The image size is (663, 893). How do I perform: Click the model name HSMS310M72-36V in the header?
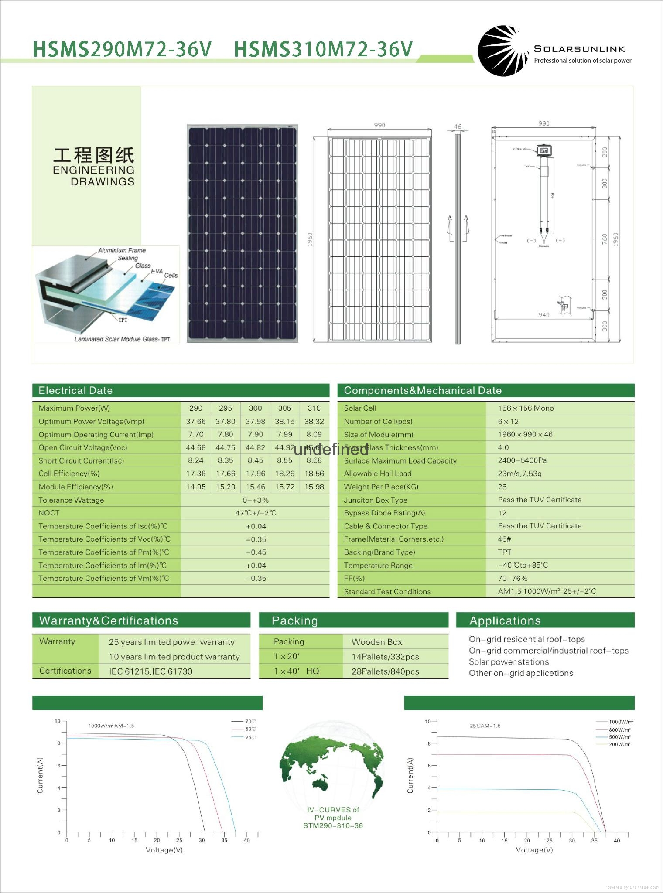[x=323, y=49]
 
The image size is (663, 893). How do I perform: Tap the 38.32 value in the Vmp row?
[x=314, y=421]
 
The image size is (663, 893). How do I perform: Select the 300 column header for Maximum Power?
[x=255, y=408]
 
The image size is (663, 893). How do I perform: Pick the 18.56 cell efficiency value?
[x=314, y=474]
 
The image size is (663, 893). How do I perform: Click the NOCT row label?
[x=49, y=513]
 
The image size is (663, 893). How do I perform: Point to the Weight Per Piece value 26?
[x=502, y=487]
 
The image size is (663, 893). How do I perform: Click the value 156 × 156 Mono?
[x=526, y=408]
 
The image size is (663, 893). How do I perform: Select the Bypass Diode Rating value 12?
[x=502, y=513]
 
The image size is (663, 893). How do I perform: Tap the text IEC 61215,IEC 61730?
[x=150, y=671]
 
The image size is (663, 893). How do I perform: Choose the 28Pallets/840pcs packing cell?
[x=385, y=671]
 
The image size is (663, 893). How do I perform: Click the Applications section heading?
[x=505, y=620]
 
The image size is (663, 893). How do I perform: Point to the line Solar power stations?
[x=509, y=662]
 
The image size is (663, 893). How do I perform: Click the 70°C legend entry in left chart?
[x=250, y=722]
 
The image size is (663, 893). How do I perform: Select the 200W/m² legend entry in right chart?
[x=619, y=744]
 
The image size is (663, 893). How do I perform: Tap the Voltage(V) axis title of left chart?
[x=164, y=850]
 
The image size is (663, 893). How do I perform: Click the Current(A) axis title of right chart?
[x=410, y=776]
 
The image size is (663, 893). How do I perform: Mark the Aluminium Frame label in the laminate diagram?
[x=122, y=250]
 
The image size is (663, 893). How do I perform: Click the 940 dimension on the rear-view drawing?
[x=543, y=314]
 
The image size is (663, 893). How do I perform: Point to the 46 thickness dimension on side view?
[x=457, y=126]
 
